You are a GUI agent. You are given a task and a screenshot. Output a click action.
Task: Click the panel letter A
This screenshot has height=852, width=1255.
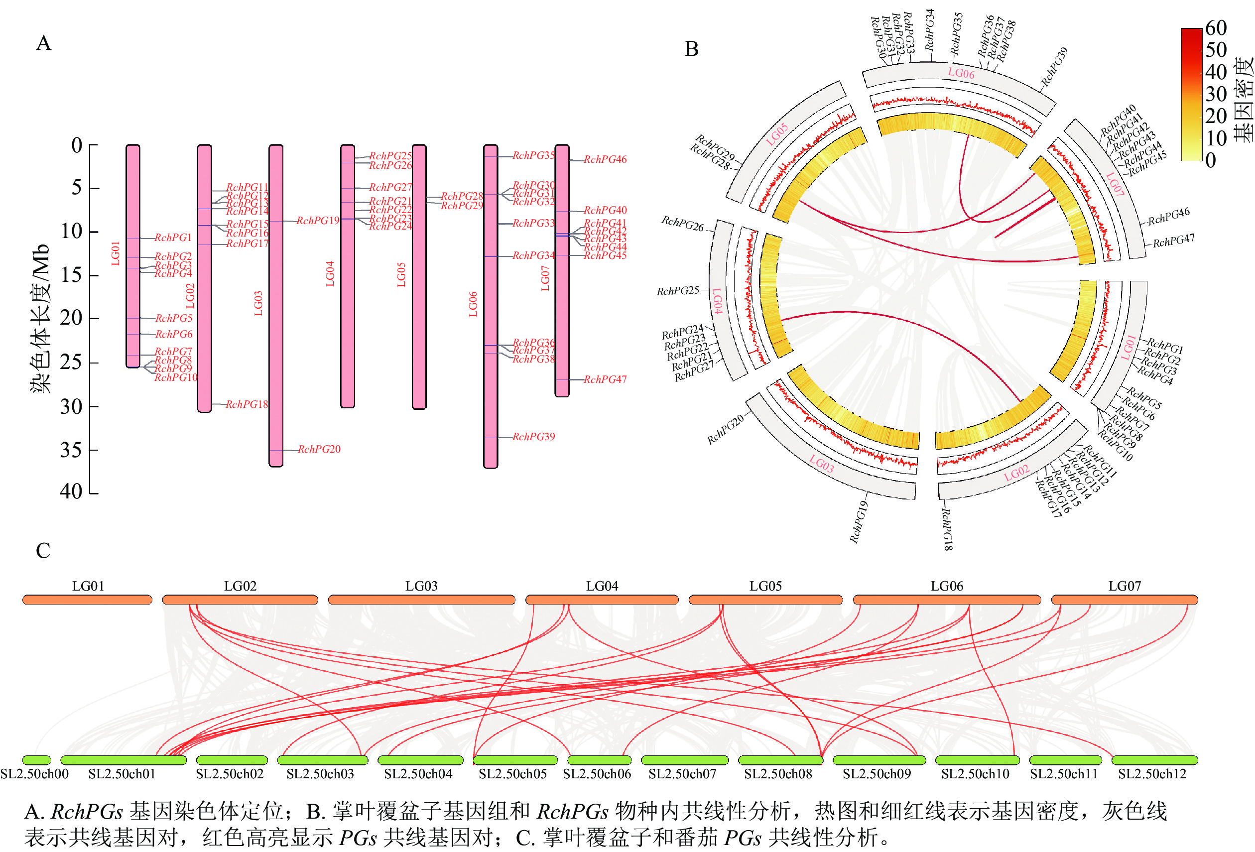(x=44, y=43)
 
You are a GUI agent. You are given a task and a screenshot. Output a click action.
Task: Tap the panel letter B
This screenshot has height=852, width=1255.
(x=691, y=49)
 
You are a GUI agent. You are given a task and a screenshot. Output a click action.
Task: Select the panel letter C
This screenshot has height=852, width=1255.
(x=43, y=551)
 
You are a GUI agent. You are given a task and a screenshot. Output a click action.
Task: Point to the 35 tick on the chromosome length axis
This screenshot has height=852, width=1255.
(x=71, y=450)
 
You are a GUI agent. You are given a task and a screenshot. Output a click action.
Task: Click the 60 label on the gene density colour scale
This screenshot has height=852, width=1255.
(x=1216, y=28)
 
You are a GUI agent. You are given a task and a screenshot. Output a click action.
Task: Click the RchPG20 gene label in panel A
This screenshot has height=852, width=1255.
(x=319, y=449)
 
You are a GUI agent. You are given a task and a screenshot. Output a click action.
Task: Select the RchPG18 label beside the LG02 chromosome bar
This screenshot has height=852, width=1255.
(x=247, y=404)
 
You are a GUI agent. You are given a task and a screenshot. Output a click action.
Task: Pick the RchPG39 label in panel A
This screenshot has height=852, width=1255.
(x=533, y=437)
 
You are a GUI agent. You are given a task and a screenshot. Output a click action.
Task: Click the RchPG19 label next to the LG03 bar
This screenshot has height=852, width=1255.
(x=318, y=221)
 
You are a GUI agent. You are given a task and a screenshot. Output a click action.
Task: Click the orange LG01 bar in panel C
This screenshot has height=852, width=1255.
(x=88, y=600)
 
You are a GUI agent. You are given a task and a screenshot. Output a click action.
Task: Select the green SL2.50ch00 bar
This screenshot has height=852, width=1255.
(x=37, y=760)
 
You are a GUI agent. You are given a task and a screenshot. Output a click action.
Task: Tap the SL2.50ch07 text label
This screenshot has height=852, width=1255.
(x=682, y=774)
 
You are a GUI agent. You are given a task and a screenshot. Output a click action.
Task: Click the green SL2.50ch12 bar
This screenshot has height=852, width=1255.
(x=1154, y=760)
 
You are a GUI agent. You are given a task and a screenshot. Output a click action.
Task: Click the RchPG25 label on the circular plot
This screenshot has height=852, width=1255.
(x=677, y=291)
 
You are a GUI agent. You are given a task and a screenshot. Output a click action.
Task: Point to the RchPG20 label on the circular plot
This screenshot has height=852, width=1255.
(x=725, y=429)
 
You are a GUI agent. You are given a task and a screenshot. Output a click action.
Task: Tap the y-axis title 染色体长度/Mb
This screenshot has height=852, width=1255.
(x=41, y=319)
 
